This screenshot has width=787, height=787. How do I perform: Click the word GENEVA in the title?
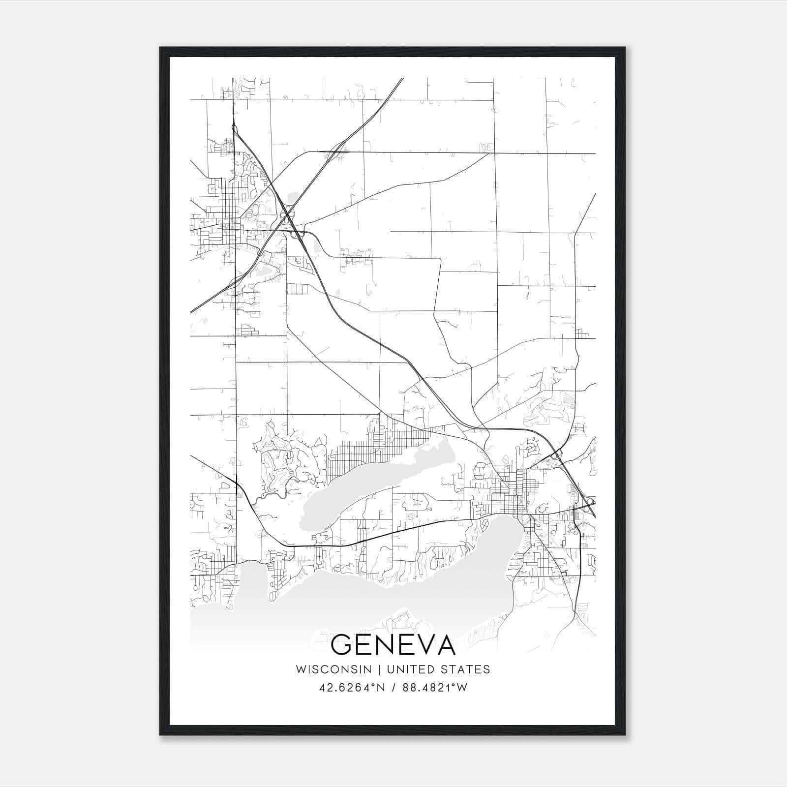click(393, 645)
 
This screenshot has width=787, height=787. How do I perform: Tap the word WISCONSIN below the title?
click(337, 669)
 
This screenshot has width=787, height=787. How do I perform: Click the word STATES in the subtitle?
click(468, 669)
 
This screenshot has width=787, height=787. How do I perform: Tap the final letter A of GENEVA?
click(444, 645)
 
